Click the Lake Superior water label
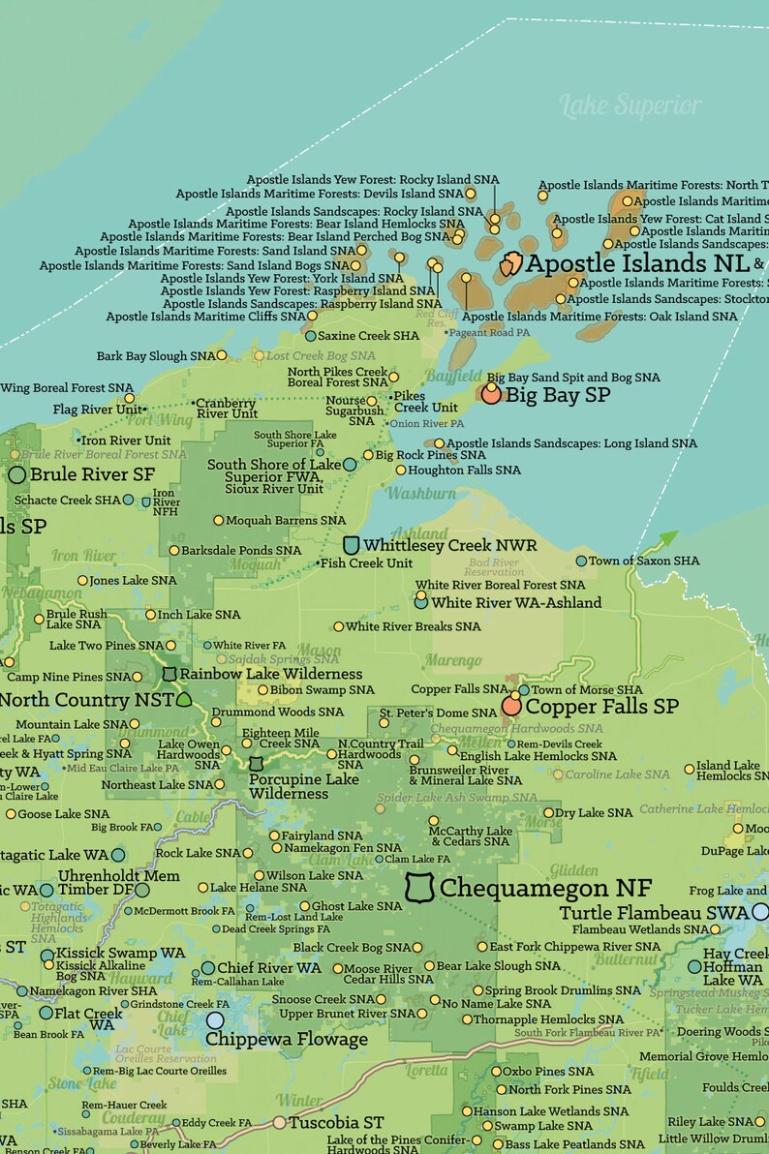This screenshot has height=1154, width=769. (x=631, y=105)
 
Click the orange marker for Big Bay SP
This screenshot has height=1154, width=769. (x=491, y=394)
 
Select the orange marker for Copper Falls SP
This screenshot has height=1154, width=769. (x=511, y=706)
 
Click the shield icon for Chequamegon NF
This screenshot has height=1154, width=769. (x=418, y=887)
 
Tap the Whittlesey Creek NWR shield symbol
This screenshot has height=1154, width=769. (x=352, y=545)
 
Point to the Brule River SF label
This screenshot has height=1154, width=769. (x=92, y=474)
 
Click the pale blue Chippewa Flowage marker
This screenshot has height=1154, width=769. (x=215, y=1019)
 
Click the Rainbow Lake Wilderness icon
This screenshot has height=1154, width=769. (x=169, y=673)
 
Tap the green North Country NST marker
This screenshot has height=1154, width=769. (x=183, y=698)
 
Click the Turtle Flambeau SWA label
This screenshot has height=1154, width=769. (x=654, y=912)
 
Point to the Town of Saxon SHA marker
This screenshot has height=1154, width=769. (x=581, y=561)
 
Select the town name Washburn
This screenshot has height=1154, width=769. (x=420, y=494)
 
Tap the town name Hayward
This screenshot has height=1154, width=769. (x=145, y=979)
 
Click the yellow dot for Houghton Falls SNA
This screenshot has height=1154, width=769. (x=401, y=471)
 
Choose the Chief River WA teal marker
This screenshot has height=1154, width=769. (x=208, y=968)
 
